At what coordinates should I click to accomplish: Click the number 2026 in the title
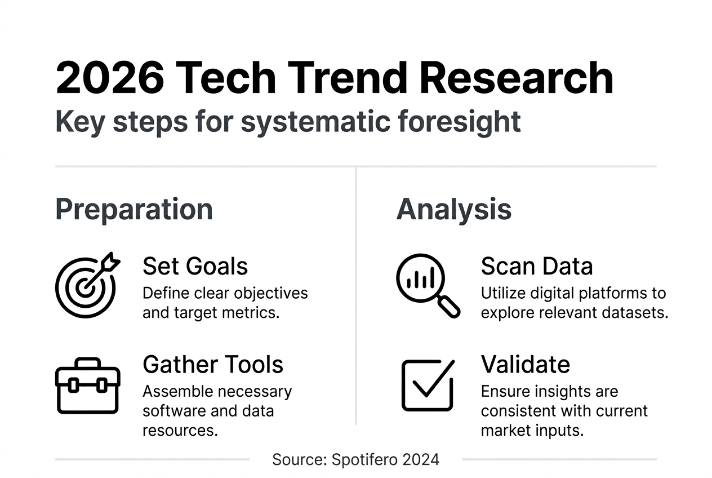click(x=110, y=78)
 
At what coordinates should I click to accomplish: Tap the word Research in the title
click(x=516, y=78)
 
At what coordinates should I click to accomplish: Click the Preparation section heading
click(x=134, y=210)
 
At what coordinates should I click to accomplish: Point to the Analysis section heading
click(x=454, y=209)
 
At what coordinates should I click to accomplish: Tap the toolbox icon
click(x=88, y=386)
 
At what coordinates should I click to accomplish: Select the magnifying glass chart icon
click(x=428, y=286)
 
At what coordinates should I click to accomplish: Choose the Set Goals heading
click(x=195, y=266)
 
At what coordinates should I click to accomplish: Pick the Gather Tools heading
click(x=213, y=365)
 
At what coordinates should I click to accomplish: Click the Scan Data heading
click(x=537, y=266)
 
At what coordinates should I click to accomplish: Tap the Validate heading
click(x=526, y=365)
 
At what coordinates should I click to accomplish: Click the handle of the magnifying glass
click(x=449, y=307)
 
